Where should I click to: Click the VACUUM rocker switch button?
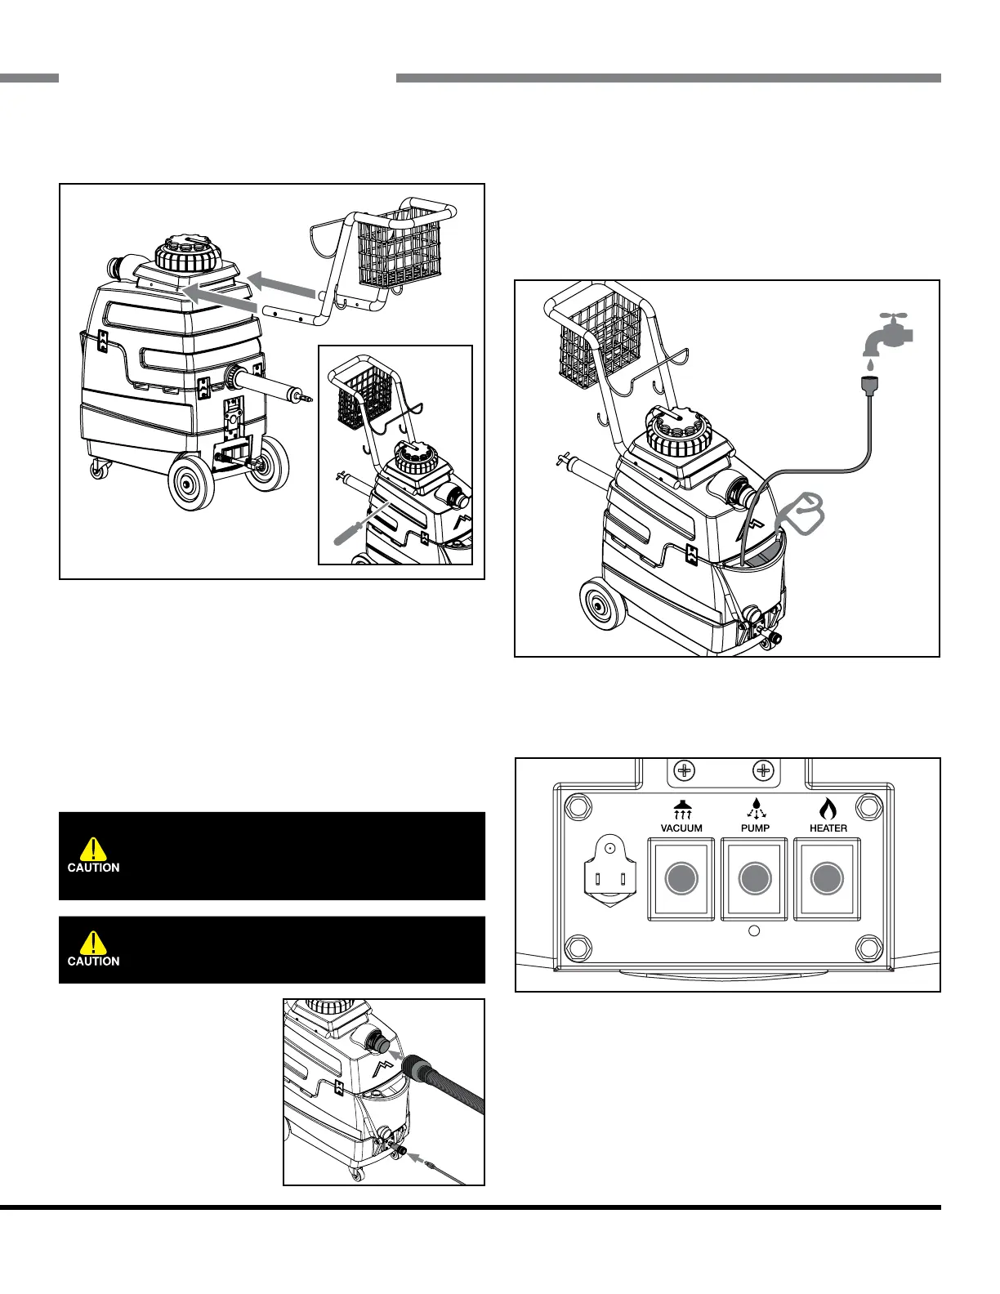click(681, 879)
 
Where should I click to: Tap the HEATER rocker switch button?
click(827, 879)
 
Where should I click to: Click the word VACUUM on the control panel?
click(681, 828)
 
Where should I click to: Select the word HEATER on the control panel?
click(828, 828)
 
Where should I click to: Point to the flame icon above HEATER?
click(828, 809)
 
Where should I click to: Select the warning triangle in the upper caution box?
click(94, 848)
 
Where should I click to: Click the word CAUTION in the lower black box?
click(93, 962)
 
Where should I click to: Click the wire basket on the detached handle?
click(401, 245)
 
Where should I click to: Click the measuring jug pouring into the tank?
click(801, 514)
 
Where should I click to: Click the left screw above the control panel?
click(685, 770)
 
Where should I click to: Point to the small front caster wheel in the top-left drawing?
click(100, 468)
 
